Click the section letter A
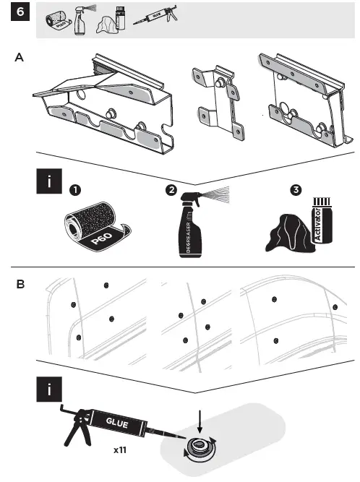point(18,61)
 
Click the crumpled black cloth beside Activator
point(289,235)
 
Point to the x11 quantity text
point(121,450)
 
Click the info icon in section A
point(49,182)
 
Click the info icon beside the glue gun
point(49,391)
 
